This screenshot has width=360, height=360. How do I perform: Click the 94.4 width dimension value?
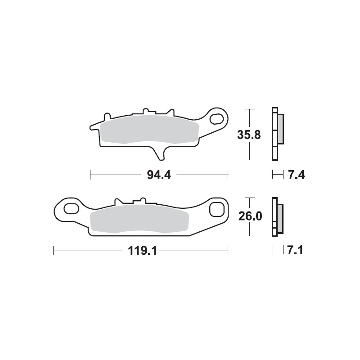[159, 175]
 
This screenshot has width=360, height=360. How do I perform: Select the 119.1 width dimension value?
[142, 251]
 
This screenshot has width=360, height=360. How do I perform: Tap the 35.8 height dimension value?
[249, 135]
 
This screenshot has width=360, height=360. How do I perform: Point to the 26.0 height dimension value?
[250, 216]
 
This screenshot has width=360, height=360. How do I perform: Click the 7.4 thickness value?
[297, 175]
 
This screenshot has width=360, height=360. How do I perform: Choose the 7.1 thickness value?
[295, 250]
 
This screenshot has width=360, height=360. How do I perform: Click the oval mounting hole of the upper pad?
[216, 119]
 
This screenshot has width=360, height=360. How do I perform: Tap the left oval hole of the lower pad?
[72, 209]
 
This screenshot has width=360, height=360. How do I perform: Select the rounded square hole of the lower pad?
[217, 209]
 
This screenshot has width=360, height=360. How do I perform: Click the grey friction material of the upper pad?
[150, 130]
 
